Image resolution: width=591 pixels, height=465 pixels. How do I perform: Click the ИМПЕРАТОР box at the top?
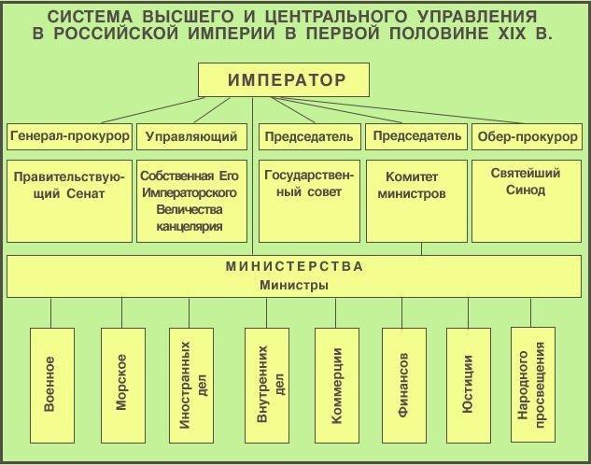coord(287,80)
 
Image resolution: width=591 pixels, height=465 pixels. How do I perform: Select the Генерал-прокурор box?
coord(70,136)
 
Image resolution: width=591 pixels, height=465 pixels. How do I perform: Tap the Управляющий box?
coord(191,136)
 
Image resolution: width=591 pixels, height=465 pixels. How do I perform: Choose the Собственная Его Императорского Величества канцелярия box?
coord(191,200)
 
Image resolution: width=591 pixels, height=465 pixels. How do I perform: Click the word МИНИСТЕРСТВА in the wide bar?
coord(295,266)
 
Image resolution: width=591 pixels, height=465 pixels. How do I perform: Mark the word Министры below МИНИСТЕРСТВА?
coord(295,285)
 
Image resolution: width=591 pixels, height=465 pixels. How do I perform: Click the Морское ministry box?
coord(121,383)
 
